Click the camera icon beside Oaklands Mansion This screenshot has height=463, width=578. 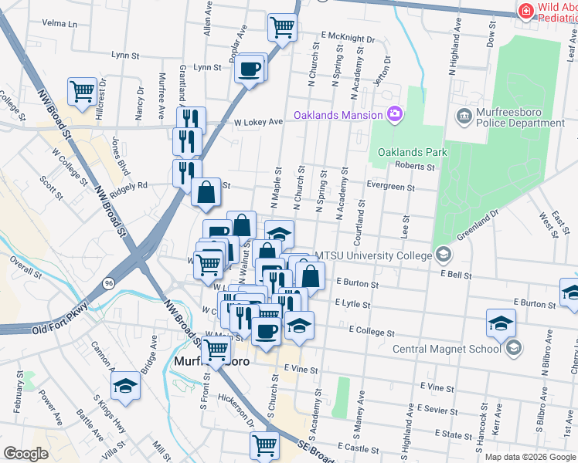tap(395, 115)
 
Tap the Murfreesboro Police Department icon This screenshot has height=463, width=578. tap(464, 117)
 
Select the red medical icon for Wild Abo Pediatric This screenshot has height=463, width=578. tap(525, 12)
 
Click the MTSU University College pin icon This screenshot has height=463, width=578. tap(443, 254)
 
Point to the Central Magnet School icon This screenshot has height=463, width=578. tap(513, 349)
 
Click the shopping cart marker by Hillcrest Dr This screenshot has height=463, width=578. tap(82, 91)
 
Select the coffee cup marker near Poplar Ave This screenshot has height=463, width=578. tap(249, 68)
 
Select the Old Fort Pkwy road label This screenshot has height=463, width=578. tap(60, 328)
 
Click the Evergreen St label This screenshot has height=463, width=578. tap(391, 187)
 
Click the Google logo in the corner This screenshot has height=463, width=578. tap(25, 454)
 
